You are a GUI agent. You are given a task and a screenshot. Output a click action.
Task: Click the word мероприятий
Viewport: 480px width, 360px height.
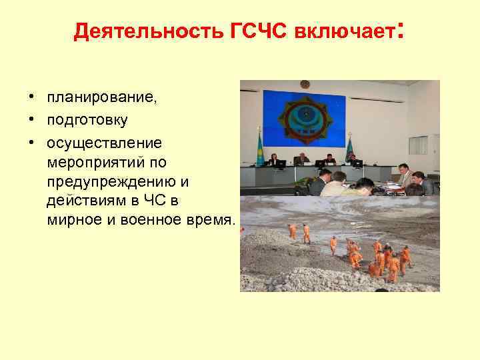point(97,162)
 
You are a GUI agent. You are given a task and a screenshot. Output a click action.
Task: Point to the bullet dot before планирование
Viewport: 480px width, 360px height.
point(31,99)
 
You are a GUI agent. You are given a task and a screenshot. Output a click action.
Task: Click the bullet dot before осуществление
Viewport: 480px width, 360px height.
point(31,143)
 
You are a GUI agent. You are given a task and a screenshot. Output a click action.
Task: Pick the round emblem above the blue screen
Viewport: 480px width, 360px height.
point(305,85)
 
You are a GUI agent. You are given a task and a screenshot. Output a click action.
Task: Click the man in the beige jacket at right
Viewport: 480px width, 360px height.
point(403,177)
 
